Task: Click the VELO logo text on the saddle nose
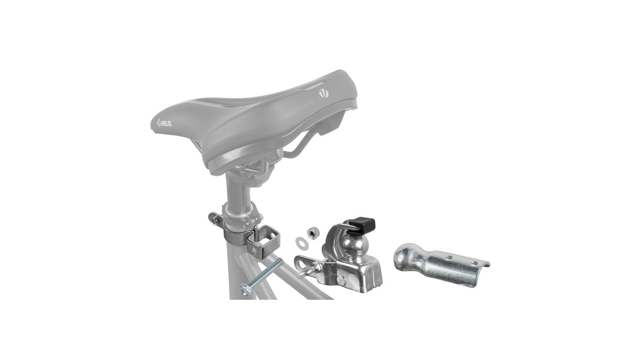tap(164, 124)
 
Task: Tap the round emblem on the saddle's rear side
tap(324, 93)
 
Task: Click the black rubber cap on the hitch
tap(363, 225)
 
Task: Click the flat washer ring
tap(301, 243)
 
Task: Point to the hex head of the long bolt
tap(246, 290)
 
